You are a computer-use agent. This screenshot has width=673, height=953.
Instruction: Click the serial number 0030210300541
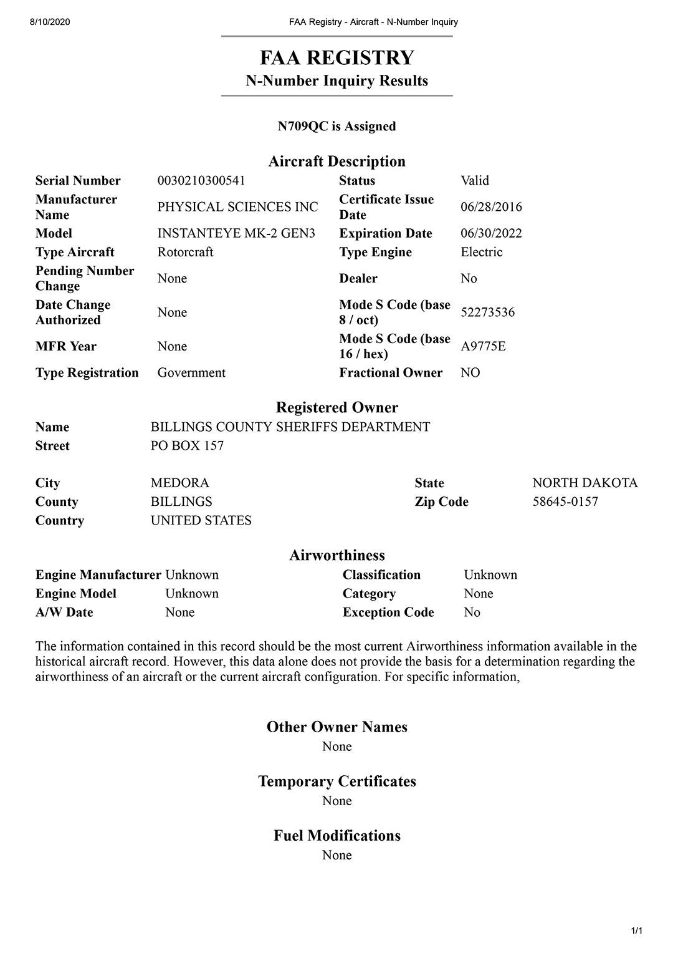(x=201, y=181)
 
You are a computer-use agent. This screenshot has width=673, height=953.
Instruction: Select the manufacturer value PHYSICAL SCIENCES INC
(x=237, y=207)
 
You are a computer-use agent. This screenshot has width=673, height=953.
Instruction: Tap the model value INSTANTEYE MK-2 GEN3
(x=236, y=233)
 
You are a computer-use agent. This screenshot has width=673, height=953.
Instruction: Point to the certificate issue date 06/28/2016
(x=491, y=207)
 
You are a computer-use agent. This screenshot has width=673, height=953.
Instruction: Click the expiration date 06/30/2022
(x=491, y=233)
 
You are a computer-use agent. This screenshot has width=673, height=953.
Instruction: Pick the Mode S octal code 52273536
(x=487, y=312)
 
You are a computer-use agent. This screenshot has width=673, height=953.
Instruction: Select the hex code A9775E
(x=483, y=346)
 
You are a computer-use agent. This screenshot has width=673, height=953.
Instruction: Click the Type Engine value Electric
(x=481, y=252)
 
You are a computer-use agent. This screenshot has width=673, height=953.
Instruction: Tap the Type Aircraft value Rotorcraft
(x=185, y=252)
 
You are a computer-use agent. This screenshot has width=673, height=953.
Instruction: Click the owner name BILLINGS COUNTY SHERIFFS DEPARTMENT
(x=290, y=427)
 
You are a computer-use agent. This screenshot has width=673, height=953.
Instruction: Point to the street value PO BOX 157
(x=187, y=446)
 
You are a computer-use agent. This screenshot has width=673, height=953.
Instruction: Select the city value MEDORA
(x=180, y=483)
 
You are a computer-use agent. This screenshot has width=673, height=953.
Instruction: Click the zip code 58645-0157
(x=565, y=502)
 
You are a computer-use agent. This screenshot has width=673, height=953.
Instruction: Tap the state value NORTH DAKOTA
(x=585, y=483)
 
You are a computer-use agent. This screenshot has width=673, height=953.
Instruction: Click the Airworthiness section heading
(x=337, y=556)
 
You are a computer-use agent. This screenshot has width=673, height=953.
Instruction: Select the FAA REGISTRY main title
(x=337, y=58)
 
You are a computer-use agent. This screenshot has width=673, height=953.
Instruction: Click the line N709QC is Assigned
(x=337, y=127)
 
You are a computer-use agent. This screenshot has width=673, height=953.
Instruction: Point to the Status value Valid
(x=475, y=181)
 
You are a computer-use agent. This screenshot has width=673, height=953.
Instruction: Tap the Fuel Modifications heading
(x=337, y=836)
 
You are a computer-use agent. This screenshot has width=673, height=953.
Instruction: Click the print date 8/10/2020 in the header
(x=50, y=22)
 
